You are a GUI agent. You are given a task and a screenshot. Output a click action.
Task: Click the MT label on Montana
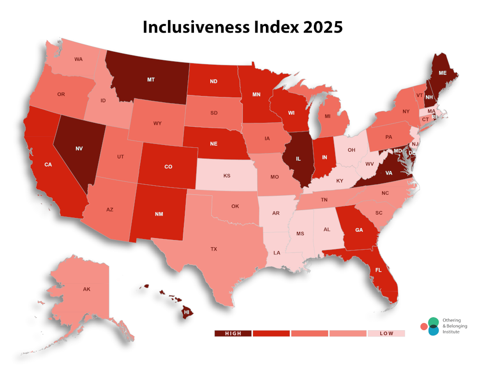coord(151,79)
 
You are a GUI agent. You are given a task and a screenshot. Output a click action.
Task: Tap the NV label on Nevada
coord(79,148)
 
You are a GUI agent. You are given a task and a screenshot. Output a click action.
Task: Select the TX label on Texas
coord(214,249)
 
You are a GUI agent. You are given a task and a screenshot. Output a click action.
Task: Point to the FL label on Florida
coord(378,270)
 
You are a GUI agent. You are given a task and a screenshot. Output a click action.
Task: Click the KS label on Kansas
coord(227,176)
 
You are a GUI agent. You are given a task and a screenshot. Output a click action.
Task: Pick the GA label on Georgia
coord(359,230)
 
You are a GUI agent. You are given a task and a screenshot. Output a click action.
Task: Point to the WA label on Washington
coord(79,59)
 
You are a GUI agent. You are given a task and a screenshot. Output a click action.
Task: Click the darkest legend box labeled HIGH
coord(233,333)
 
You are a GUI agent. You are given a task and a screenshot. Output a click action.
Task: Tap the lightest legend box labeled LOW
coord(386,333)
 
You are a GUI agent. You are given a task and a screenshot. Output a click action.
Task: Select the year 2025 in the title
coord(322,27)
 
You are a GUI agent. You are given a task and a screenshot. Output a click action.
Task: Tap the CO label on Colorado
coord(168,167)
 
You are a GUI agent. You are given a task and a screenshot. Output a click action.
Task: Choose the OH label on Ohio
coord(351,150)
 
